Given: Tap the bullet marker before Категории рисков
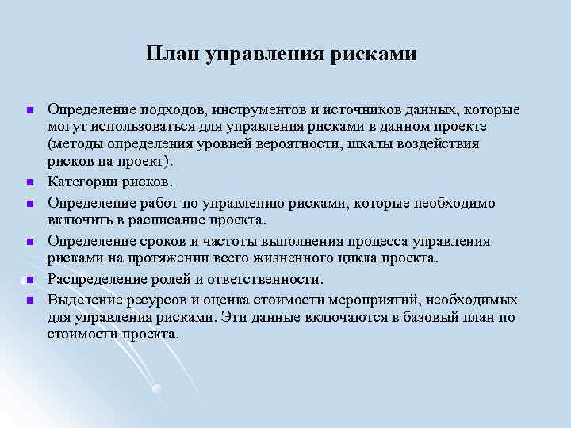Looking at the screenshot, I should tap(29, 183).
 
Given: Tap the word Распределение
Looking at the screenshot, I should tap(98, 279).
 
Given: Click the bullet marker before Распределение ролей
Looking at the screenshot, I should tap(29, 280).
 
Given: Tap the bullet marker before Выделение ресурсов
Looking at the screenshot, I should tap(29, 300).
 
